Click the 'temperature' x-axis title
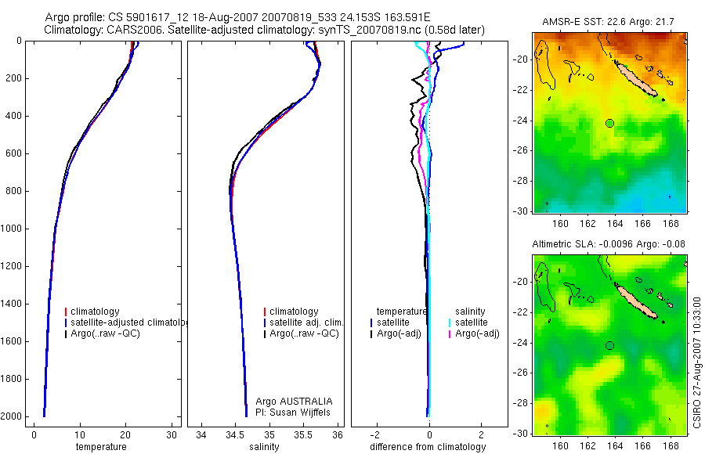100,447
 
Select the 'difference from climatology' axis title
428,447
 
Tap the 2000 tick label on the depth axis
13,416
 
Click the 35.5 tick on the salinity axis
304,434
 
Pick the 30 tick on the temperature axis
172,434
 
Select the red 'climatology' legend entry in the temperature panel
94,312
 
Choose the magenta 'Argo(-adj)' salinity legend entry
477,334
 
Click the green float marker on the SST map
609,123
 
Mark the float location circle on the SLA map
609,345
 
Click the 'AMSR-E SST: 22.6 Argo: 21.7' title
609,21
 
